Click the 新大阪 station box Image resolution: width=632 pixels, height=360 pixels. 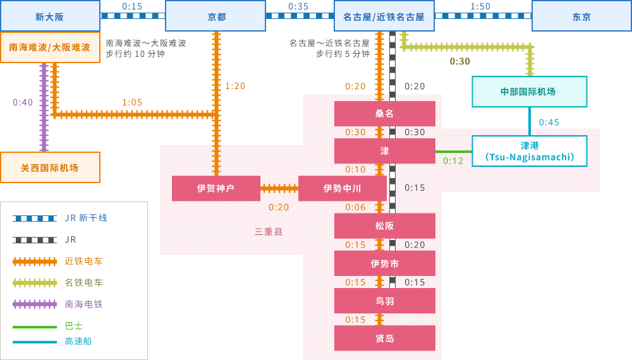click(50, 16)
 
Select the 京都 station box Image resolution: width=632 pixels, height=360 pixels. click(216, 16)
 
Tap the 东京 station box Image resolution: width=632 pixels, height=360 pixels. click(581, 16)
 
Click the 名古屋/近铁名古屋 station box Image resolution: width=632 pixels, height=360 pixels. click(384, 16)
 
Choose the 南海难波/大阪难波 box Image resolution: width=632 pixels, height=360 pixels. click(50, 47)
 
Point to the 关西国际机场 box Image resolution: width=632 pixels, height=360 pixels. click(50, 167)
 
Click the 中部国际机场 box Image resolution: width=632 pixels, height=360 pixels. click(529, 92)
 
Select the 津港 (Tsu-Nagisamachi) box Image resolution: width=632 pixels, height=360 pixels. click(529, 151)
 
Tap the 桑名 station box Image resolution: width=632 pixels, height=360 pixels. click(384, 114)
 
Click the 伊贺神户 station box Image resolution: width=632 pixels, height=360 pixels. click(216, 188)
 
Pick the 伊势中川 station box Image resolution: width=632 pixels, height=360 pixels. click(343, 188)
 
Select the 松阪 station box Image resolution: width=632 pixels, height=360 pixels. click(384, 225)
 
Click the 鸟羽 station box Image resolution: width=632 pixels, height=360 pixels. click(384, 301)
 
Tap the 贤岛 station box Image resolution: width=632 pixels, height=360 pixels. click(384, 339)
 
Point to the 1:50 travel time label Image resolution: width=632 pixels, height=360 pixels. click(480, 6)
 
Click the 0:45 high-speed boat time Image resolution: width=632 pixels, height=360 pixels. click(549, 123)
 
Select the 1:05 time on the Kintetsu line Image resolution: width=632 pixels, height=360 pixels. click(132, 102)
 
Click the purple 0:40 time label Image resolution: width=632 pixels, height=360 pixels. click(23, 102)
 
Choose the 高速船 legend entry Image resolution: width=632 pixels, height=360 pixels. click(78, 341)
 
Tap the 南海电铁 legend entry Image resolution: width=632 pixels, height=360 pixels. click(83, 304)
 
